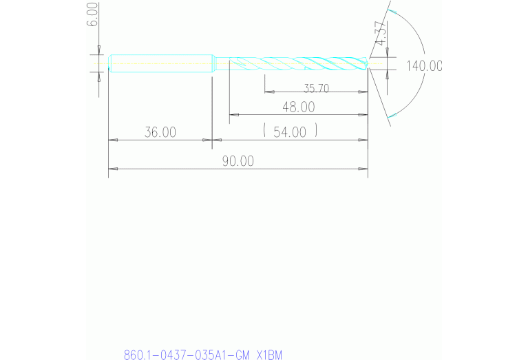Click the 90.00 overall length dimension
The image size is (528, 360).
click(x=237, y=161)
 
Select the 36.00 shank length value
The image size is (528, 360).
click(x=160, y=132)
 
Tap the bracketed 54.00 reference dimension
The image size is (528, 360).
click(x=290, y=131)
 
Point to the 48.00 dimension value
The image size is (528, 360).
click(x=298, y=107)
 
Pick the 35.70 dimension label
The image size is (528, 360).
click(x=316, y=87)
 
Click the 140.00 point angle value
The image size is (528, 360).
click(x=423, y=66)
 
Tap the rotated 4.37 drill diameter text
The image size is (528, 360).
click(x=379, y=33)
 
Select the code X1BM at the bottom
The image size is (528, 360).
click(x=269, y=355)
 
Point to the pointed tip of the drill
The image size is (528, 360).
click(x=367, y=64)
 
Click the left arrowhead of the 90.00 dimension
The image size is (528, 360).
click(x=112, y=169)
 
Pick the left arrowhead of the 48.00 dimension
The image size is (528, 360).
click(x=233, y=114)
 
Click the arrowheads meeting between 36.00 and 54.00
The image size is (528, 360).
click(x=211, y=140)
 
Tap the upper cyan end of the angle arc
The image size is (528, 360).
click(x=391, y=12)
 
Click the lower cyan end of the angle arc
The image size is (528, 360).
click(x=391, y=118)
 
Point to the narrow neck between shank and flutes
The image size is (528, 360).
click(x=221, y=63)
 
